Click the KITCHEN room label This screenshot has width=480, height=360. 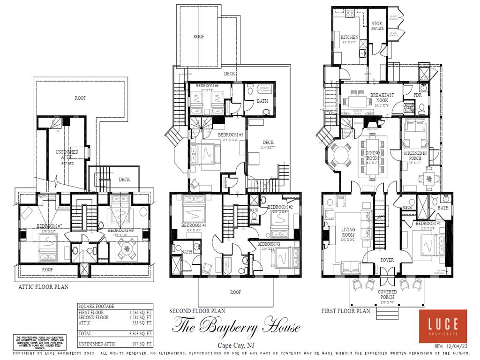pos(349,37)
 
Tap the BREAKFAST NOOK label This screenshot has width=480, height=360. pos(382,97)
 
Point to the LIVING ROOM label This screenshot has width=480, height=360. pos(348,232)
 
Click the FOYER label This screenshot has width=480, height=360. pos(387,260)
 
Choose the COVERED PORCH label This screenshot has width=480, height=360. pos(387,294)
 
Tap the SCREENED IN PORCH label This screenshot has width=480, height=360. pos(415,156)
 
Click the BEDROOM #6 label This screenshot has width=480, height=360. pos(207,86)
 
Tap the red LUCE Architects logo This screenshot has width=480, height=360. pos(443,326)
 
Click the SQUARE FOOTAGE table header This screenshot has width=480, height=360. pos(96,306)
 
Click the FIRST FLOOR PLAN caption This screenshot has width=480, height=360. pos(345,311)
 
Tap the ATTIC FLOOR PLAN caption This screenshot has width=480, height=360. pos(43,287)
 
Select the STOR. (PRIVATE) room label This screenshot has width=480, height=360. pos(377,26)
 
